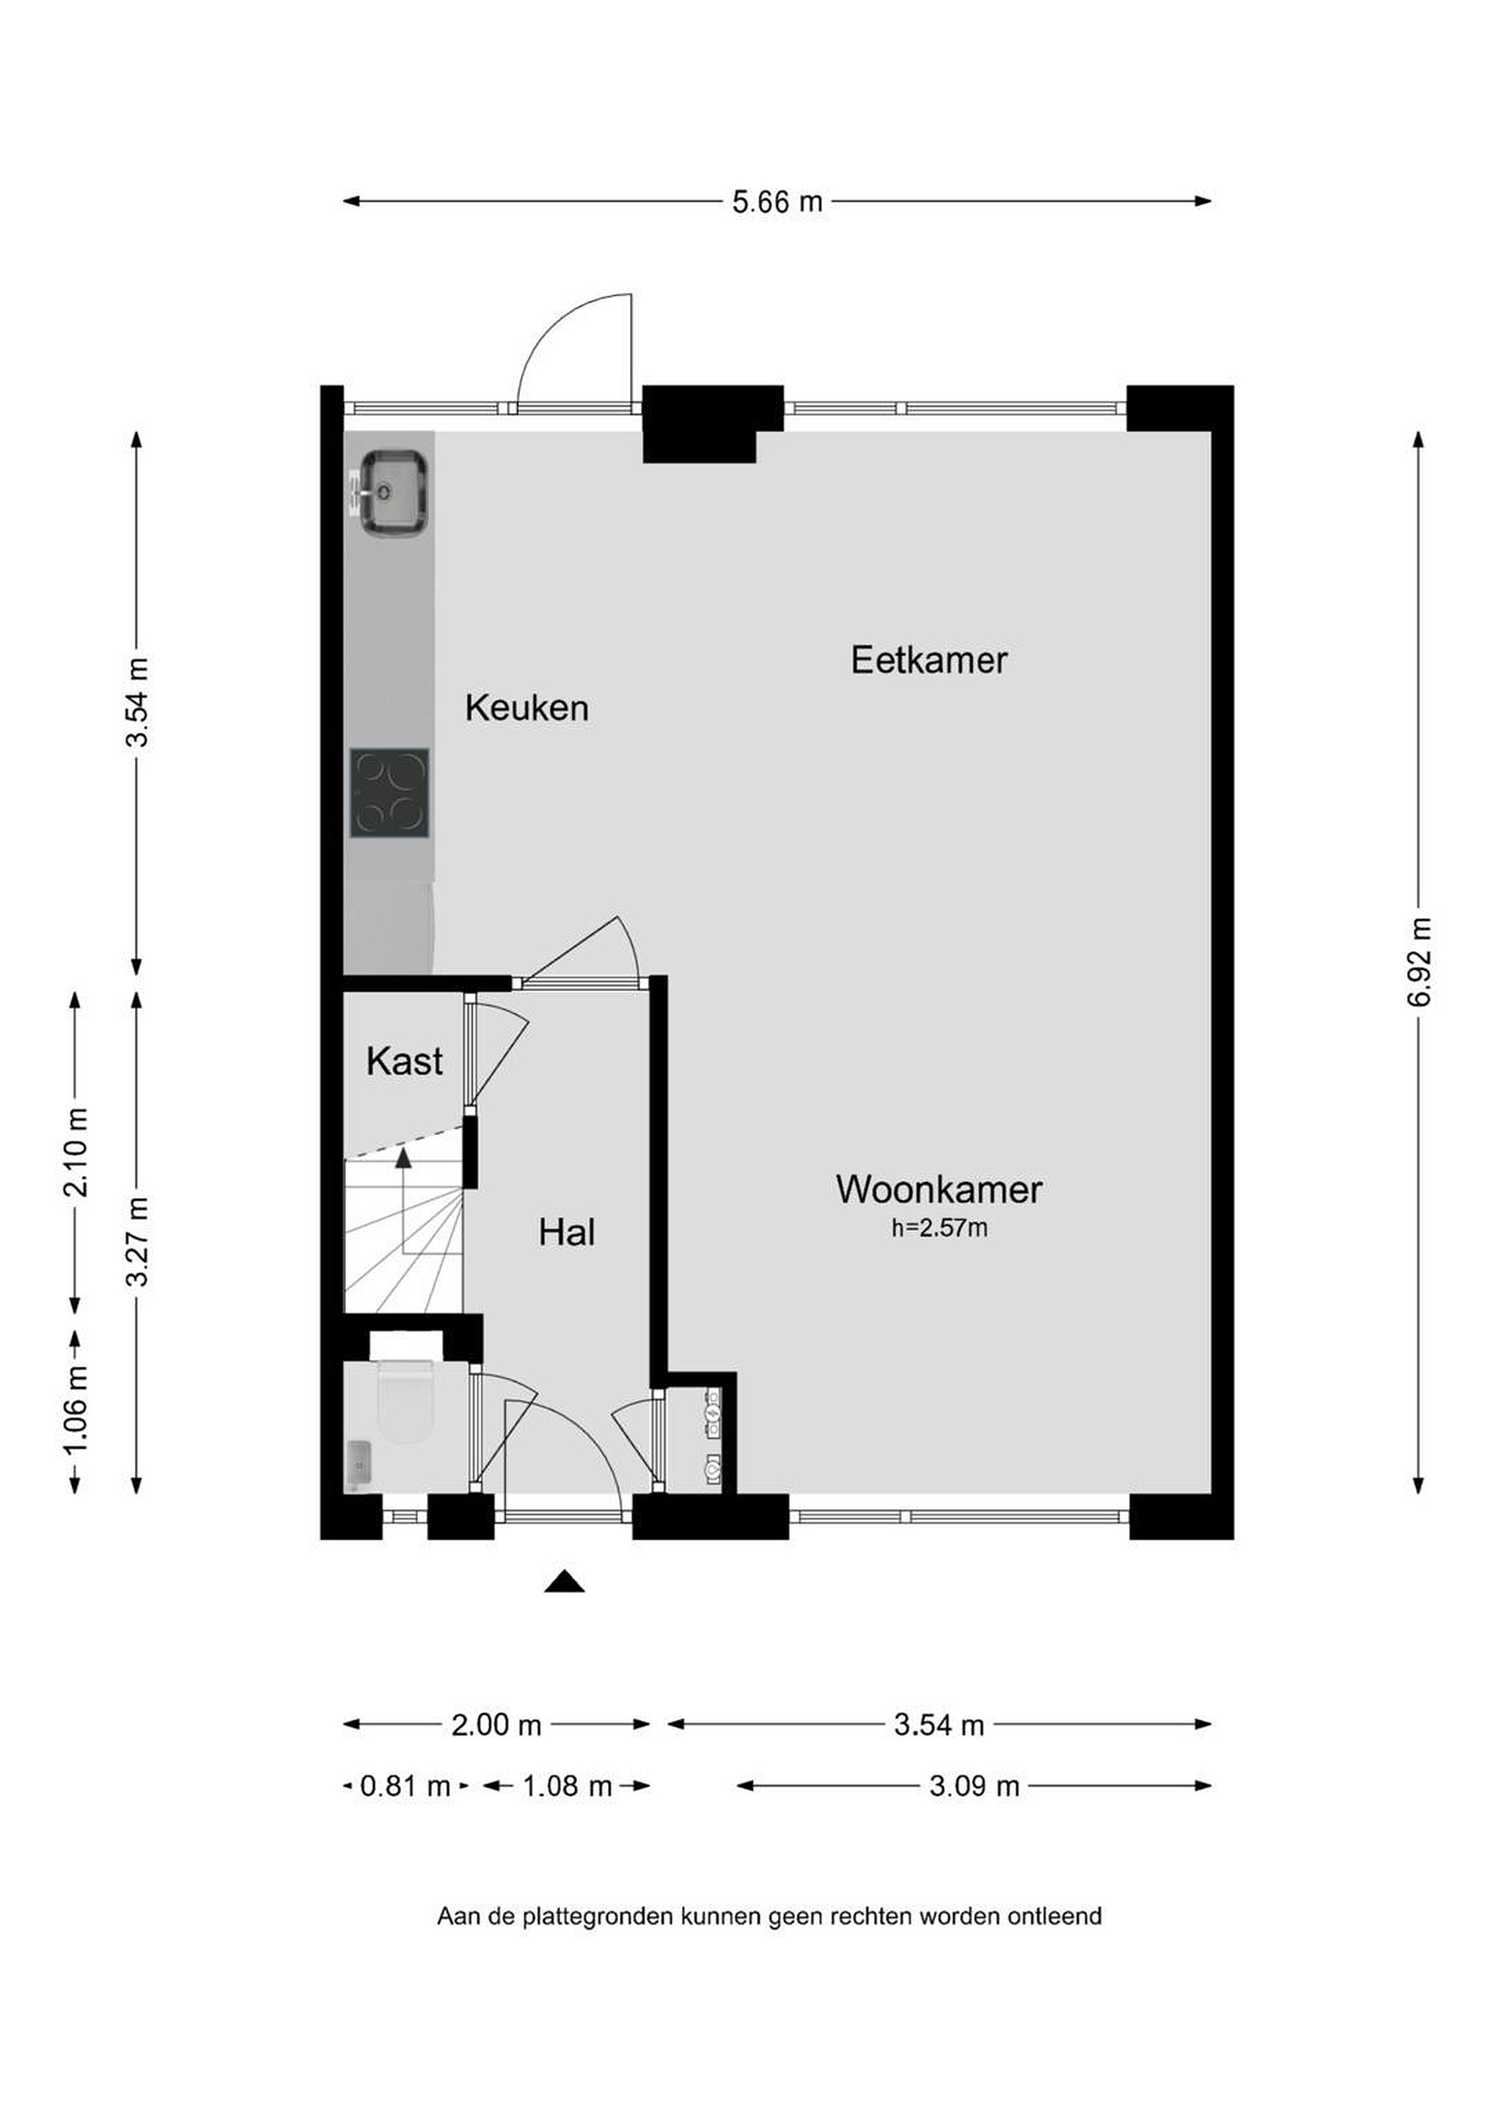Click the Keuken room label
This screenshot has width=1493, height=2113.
[527, 708]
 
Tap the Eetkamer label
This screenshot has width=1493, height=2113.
[929, 660]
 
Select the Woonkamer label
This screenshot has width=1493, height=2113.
[939, 1189]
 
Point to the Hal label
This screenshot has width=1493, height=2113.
[567, 1233]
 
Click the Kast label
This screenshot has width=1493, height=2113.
[404, 1061]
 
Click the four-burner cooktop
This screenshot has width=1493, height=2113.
[389, 792]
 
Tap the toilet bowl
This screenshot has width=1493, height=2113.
[405, 1400]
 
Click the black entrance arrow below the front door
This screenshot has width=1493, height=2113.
[564, 1581]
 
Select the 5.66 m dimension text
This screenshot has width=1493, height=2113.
[777, 202]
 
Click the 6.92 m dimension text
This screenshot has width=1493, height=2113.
[1417, 962]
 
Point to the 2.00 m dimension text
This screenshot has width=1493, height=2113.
[496, 1725]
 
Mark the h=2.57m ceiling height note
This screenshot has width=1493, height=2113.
[939, 1227]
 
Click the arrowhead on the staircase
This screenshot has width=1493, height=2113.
[403, 1158]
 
